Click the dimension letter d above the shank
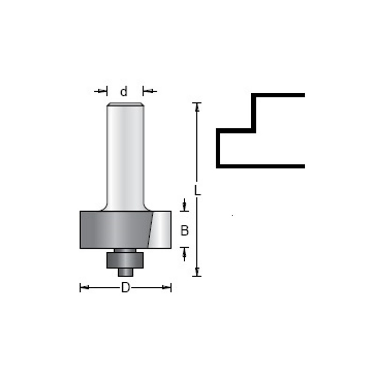point(124,91)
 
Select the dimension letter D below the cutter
point(126,287)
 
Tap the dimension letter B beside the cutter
point(184,231)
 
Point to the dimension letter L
point(197,190)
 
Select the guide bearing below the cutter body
point(125,260)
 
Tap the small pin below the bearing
point(125,272)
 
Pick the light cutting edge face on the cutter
point(160,230)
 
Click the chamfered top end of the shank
point(125,104)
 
